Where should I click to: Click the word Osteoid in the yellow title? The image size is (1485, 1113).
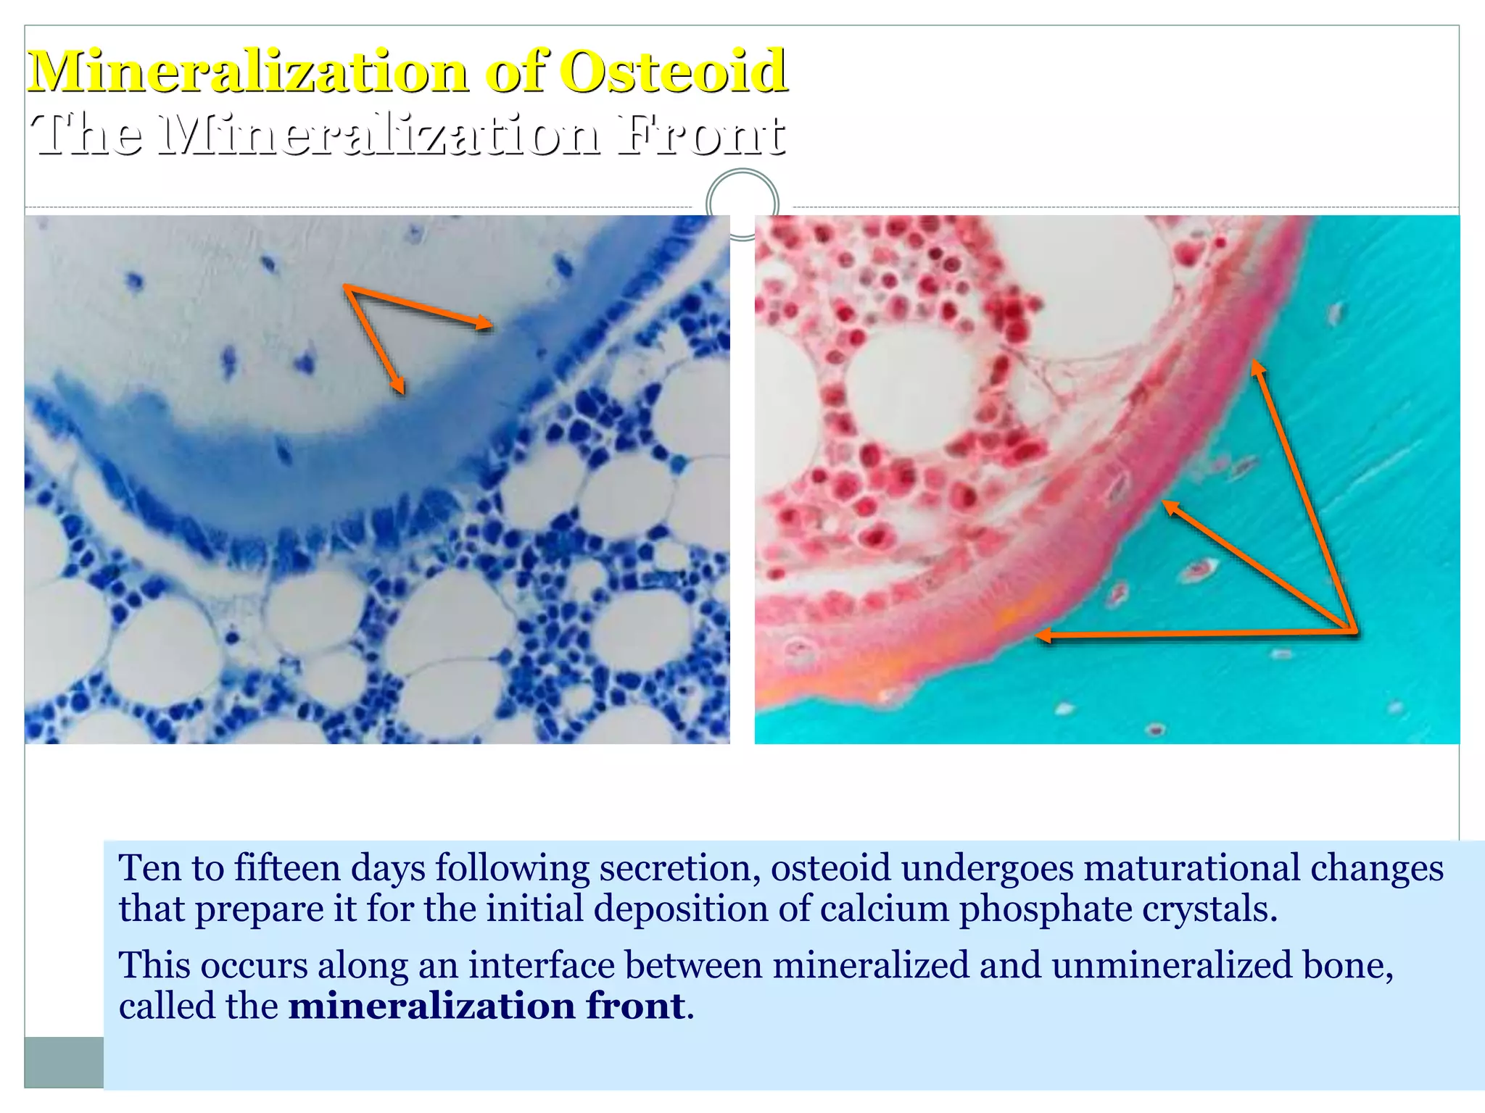coord(674,72)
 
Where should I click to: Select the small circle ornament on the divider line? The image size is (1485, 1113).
coord(742,204)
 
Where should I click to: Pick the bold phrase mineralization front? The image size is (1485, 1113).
coord(487,1006)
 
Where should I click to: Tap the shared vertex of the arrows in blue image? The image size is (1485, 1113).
coord(346,288)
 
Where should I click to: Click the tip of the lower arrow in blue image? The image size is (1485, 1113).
coord(402,392)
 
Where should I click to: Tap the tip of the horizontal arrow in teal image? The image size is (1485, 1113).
coord(1038,636)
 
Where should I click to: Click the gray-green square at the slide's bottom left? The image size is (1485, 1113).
coord(64,1062)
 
